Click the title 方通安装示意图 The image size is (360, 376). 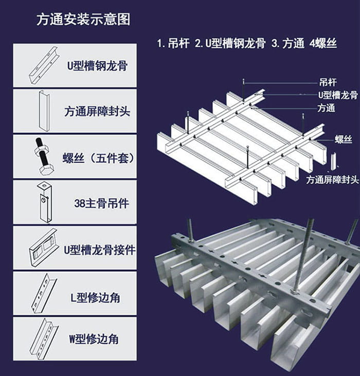(83, 20)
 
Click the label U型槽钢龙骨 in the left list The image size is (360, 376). (97, 66)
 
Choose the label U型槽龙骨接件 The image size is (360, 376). (100, 250)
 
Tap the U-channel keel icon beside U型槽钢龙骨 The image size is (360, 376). (43, 65)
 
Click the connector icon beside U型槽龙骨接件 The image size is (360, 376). (43, 249)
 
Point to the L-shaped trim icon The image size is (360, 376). (43, 294)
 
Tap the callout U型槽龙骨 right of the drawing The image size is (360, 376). (337, 95)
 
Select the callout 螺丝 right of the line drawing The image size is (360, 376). (343, 139)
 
